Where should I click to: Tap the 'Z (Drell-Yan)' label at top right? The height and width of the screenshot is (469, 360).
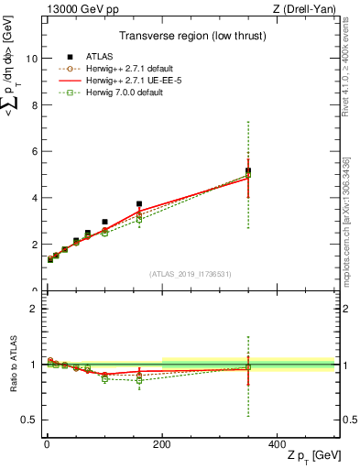[303, 8]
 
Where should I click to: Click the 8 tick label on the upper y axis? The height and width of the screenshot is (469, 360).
[32, 104]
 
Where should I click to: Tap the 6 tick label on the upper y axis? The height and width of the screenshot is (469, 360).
[32, 151]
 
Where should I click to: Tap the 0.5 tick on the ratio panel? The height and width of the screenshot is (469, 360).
[28, 420]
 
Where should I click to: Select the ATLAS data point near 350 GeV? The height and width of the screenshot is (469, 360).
[248, 170]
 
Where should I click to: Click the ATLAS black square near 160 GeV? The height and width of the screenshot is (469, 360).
[139, 204]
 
